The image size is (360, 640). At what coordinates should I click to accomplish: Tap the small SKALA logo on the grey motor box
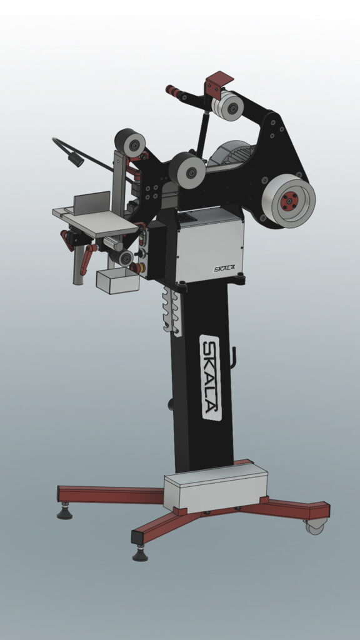tap(224, 269)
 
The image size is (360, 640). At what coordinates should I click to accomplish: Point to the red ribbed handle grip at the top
tap(174, 91)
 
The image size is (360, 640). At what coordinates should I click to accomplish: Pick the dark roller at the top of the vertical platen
tap(130, 143)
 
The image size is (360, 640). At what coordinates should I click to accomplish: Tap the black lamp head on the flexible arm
tap(76, 159)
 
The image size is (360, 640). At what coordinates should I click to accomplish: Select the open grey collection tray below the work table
tap(117, 281)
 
